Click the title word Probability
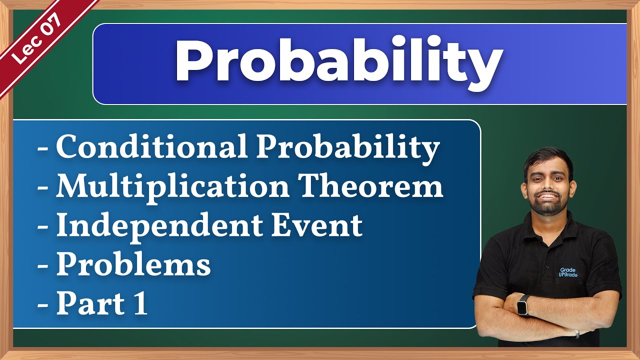(x=338, y=63)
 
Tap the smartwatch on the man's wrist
(x=524, y=305)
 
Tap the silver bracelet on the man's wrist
(x=576, y=333)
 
